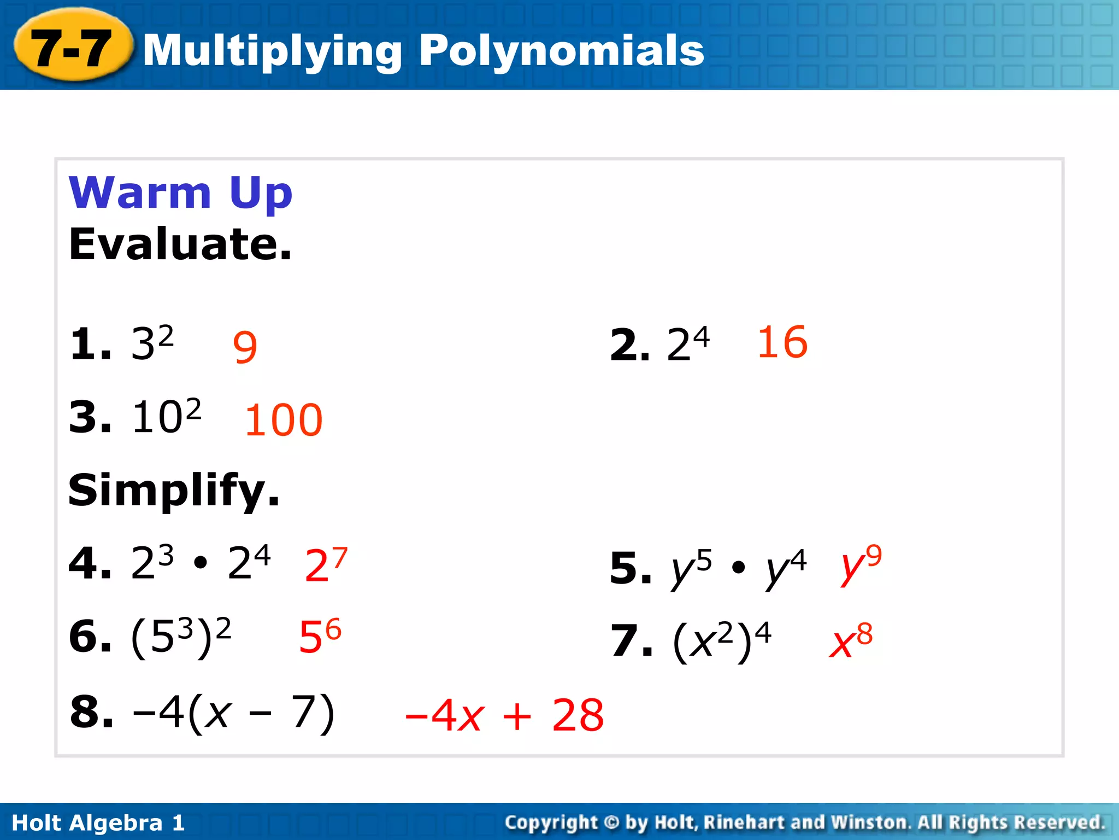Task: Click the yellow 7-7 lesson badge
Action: [x=73, y=48]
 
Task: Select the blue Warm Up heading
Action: [x=180, y=192]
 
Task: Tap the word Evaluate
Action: [x=180, y=244]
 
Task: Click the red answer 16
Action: [x=782, y=342]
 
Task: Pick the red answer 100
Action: [x=284, y=420]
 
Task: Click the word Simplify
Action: [x=174, y=490]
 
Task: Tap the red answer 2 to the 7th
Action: [x=326, y=564]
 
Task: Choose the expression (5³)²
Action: [x=181, y=637]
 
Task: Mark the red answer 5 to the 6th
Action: [x=320, y=636]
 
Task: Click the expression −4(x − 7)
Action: [x=233, y=713]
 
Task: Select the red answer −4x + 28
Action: [x=504, y=715]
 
